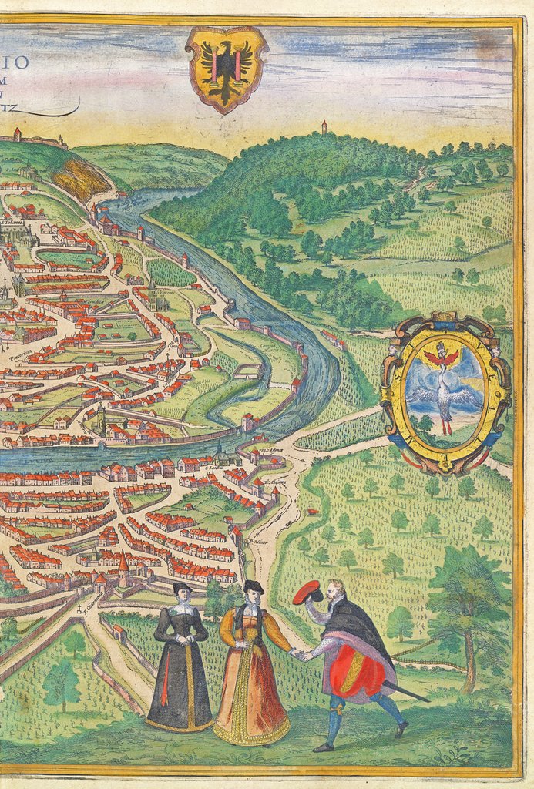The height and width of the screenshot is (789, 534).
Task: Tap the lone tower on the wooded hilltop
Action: [x=324, y=126]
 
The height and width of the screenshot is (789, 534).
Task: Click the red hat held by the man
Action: [x=307, y=592]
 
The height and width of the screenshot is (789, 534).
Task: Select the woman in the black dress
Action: [x=180, y=663]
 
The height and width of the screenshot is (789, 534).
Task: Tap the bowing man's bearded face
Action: [x=334, y=593]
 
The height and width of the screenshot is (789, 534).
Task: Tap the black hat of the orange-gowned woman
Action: [x=254, y=587]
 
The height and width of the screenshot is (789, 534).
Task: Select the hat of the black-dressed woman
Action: [x=182, y=588]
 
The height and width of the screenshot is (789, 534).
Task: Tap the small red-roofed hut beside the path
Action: [x=312, y=510]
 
